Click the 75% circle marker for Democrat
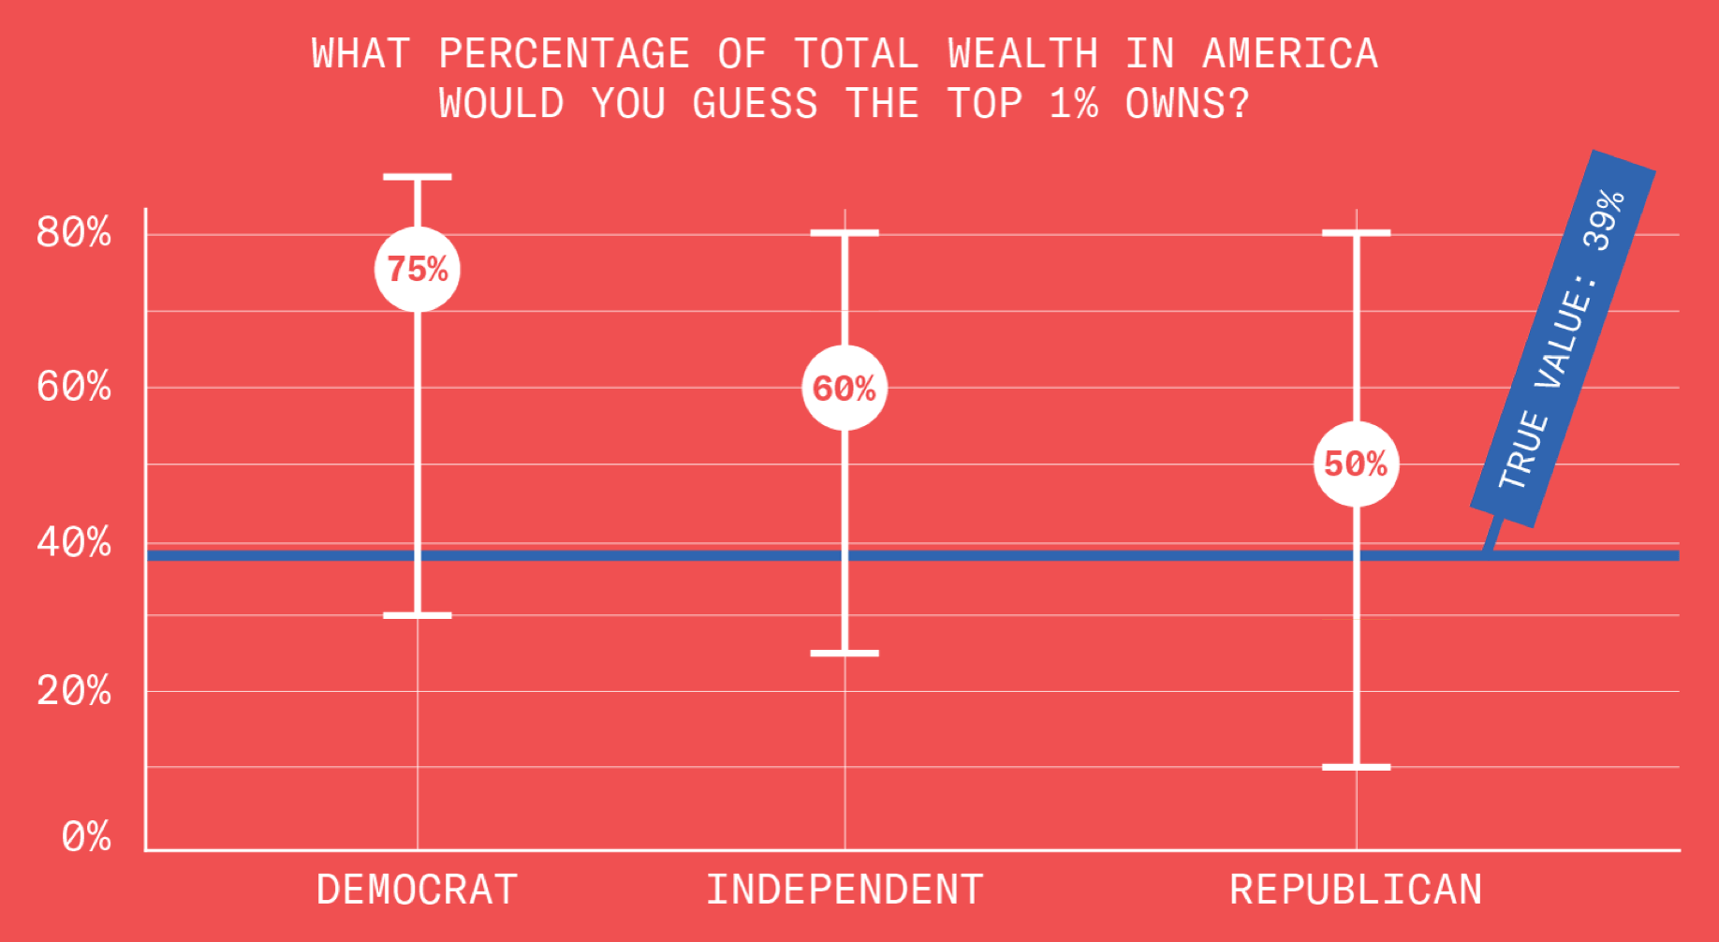click(418, 270)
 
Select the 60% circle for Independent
click(845, 388)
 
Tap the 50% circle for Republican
click(1356, 464)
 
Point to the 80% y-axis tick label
click(74, 232)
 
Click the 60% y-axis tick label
click(74, 387)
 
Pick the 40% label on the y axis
click(74, 543)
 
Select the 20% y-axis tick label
click(74, 692)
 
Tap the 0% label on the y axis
click(86, 837)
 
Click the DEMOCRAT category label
click(418, 890)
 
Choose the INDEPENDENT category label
click(845, 890)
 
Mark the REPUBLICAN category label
click(1356, 890)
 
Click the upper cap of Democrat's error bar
click(418, 176)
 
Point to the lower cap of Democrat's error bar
click(418, 615)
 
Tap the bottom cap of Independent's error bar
click(845, 653)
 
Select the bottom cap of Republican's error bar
click(1356, 767)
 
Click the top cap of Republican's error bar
click(1356, 232)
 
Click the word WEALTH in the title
click(1022, 53)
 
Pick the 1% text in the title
click(1073, 103)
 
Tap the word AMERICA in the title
click(1290, 53)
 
